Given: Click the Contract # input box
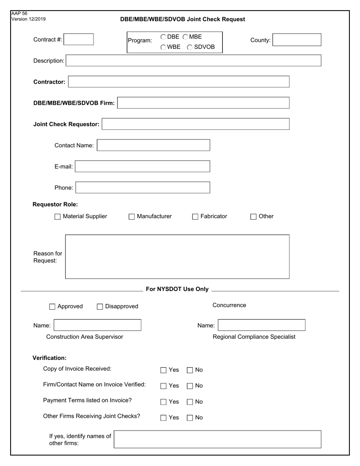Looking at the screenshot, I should (x=78, y=39).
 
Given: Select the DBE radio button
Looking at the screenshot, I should (x=163, y=37).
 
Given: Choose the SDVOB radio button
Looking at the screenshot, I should (x=190, y=47).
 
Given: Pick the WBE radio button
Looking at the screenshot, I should (x=163, y=47).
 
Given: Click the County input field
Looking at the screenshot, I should (x=297, y=40).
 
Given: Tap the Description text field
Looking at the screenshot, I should (x=194, y=61).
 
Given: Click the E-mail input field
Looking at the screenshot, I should (x=142, y=166).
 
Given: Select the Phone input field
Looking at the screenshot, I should (x=143, y=188).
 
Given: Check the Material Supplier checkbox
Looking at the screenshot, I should (x=58, y=217).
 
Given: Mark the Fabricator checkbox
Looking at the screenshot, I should (x=195, y=217).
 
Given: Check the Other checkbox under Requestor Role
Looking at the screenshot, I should (x=254, y=217).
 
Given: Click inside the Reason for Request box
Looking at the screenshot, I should (x=177, y=256).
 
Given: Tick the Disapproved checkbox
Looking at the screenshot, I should (x=100, y=307).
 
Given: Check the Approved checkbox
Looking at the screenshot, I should (x=52, y=307).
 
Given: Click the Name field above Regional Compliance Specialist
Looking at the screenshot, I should (x=261, y=325).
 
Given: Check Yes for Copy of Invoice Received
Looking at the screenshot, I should (x=163, y=370).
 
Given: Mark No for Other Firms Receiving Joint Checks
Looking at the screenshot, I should (x=190, y=418).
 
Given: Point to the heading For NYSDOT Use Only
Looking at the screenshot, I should (x=177, y=289).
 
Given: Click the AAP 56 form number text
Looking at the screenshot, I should (x=19, y=14).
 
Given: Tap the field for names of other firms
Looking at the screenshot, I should (x=218, y=439).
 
